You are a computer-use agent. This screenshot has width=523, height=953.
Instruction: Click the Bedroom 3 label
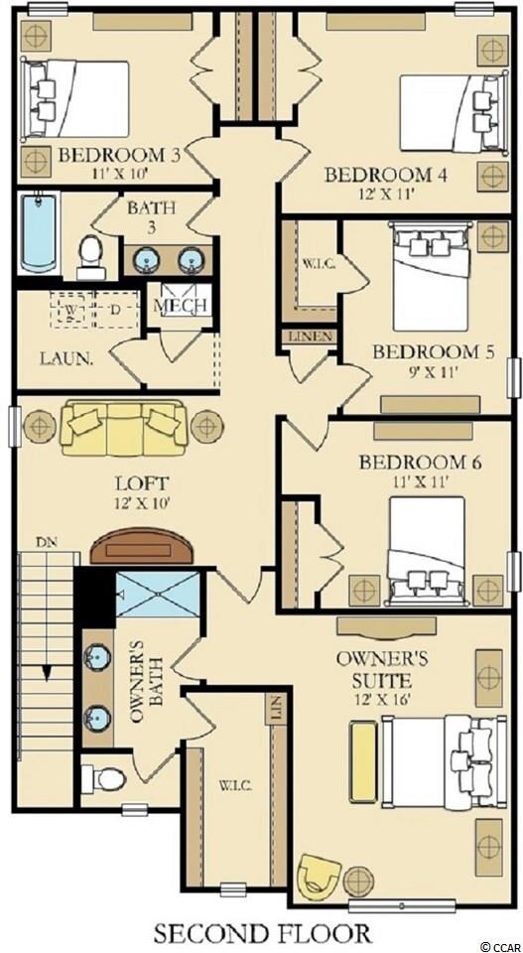(x=120, y=155)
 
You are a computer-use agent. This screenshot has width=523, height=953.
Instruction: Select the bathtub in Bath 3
(x=39, y=233)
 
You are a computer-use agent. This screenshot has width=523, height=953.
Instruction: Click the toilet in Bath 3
(x=92, y=257)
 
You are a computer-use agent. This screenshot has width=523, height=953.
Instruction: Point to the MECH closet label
(x=180, y=305)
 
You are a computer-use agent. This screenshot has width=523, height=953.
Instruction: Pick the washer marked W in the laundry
(x=71, y=311)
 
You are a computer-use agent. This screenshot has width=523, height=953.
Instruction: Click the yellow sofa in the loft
(x=124, y=427)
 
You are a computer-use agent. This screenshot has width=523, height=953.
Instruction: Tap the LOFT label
(x=142, y=483)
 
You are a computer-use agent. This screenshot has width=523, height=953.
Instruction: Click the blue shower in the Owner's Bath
(x=158, y=593)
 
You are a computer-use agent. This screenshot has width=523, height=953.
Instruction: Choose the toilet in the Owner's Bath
(x=104, y=778)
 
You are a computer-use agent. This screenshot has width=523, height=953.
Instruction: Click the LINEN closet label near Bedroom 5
(x=310, y=337)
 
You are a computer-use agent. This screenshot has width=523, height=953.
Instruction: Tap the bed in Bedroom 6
(x=426, y=550)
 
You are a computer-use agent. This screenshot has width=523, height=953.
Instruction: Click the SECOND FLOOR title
(x=262, y=933)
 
